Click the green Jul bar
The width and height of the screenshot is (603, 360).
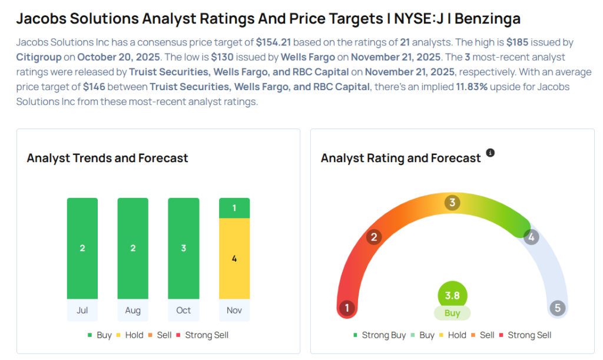pos(82,248)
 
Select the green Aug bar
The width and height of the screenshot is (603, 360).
pos(133,248)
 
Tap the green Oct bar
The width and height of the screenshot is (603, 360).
pos(184,248)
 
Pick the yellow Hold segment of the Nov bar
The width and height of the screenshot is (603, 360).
pos(234,259)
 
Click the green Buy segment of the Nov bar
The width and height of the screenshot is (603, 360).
pos(234,208)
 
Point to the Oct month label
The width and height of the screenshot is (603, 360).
pos(184,311)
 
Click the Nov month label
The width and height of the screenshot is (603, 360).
pos(234,311)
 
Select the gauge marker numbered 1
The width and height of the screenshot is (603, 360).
pos(347,308)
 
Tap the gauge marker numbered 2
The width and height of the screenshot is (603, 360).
pos(373,237)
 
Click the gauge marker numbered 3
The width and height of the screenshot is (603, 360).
pos(452,203)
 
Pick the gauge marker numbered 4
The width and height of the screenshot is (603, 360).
pos(531,237)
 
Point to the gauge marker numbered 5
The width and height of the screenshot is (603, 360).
pos(557,308)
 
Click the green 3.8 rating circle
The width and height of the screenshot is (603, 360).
pos(452,296)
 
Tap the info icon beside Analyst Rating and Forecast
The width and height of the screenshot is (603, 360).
pos(490,153)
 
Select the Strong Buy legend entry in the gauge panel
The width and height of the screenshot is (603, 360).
pos(380,335)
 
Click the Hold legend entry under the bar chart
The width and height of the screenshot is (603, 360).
pos(130,335)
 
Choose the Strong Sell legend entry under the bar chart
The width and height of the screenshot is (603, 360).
pos(203,335)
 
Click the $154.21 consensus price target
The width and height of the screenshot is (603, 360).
pos(275,43)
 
